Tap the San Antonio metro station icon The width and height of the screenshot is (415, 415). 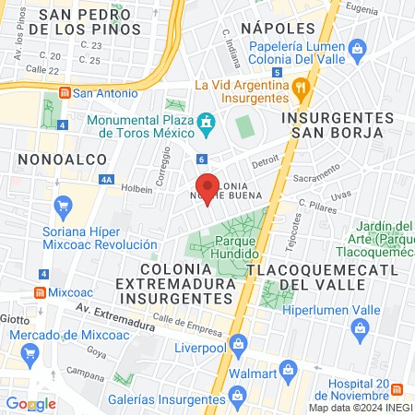[64, 92]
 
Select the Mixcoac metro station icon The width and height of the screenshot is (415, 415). [39, 292]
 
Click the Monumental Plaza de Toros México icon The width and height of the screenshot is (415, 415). [207, 122]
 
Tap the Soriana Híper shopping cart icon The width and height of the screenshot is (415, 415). [63, 205]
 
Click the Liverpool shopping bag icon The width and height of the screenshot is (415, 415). [239, 345]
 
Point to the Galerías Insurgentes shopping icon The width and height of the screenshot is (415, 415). [236, 397]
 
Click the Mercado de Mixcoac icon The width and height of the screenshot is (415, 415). [30, 351]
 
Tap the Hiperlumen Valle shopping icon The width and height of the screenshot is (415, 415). [356, 328]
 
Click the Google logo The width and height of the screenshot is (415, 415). [30, 404]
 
